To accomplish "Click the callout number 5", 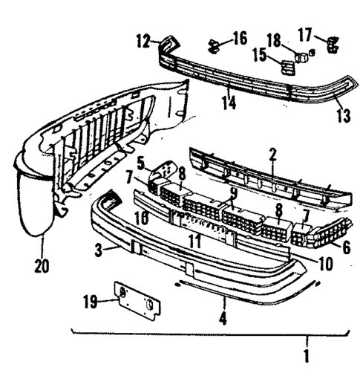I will (x=141, y=161).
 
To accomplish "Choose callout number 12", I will (x=143, y=42).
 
